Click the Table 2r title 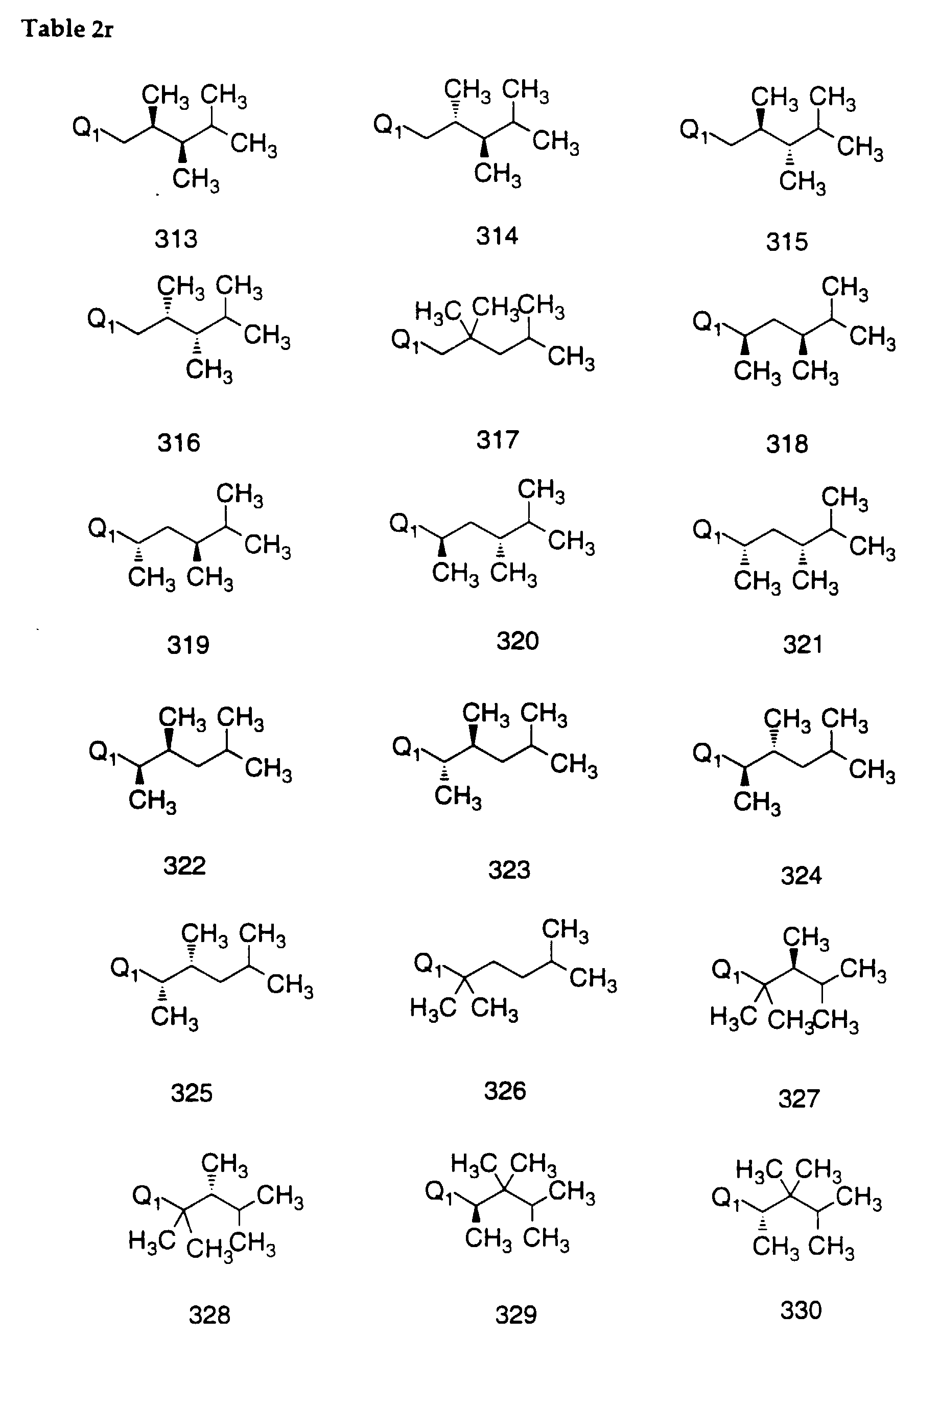coord(67,28)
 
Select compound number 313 coord(176,239)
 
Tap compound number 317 coord(497,439)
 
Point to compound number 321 coord(803,644)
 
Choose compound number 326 coord(505,1091)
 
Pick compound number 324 coord(801,876)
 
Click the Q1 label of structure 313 coord(87,128)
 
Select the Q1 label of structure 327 coord(726,970)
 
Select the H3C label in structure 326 coord(433,1009)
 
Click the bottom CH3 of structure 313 coord(196,179)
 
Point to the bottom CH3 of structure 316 coord(208,370)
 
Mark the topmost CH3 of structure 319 coord(240,496)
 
